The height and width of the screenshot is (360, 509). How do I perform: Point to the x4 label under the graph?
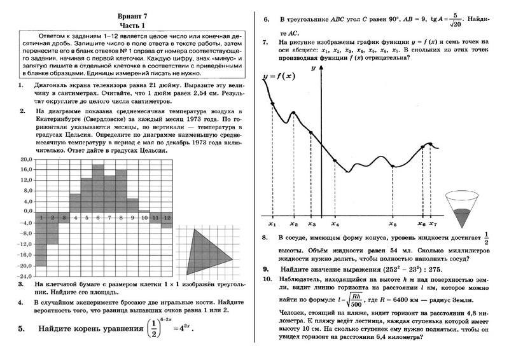point(335,225)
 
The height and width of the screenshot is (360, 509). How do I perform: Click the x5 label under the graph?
point(393,225)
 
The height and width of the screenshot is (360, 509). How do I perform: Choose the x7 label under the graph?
point(433,225)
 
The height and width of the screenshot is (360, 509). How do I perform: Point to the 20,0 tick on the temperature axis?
point(25,159)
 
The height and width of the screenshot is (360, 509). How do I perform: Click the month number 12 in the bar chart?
point(167,218)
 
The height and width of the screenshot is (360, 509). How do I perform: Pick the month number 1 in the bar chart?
point(41,218)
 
